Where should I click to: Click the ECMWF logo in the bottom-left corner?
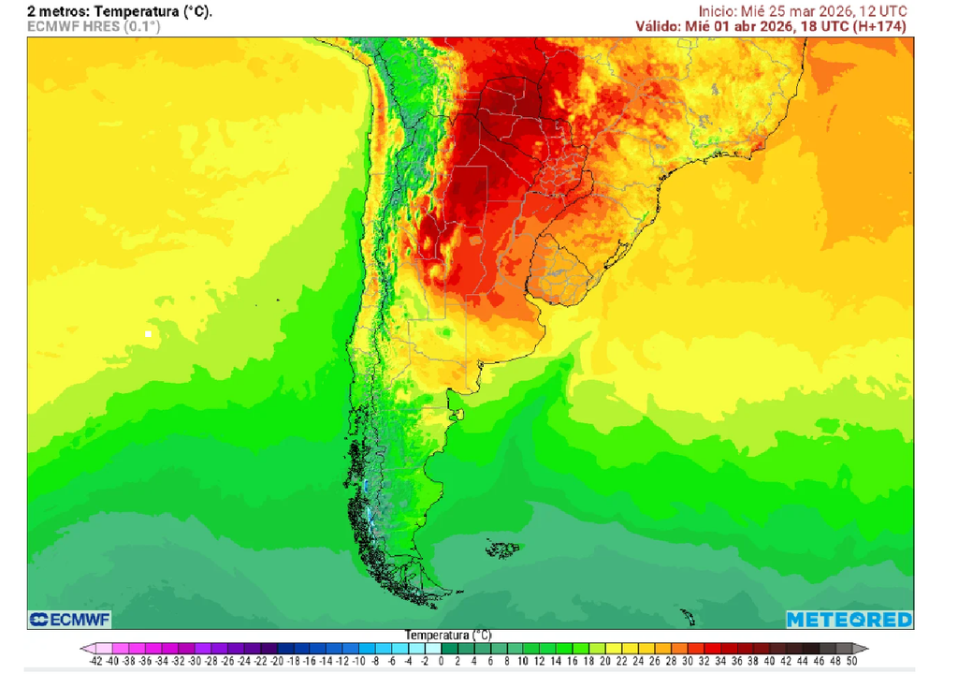(69, 620)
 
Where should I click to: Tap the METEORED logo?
(849, 620)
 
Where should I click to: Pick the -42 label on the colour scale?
(95, 661)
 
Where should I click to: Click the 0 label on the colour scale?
(442, 661)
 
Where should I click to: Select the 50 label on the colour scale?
(852, 661)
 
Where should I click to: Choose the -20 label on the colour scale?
(277, 661)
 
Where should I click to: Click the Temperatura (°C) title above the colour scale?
(448, 635)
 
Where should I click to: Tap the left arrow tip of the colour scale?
(83, 648)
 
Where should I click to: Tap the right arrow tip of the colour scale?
(864, 648)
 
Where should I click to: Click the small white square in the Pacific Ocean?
(148, 333)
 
